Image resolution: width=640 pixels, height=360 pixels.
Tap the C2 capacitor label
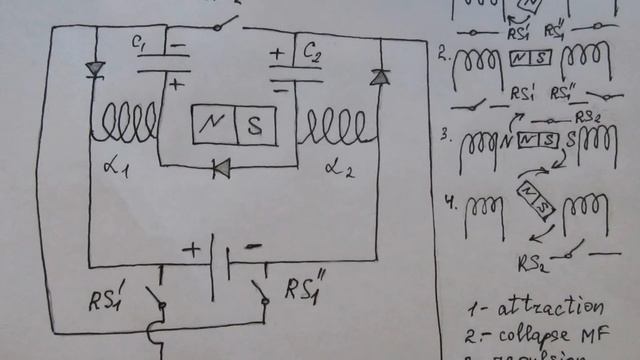click(312, 48)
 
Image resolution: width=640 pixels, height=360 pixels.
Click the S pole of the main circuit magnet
click(255, 125)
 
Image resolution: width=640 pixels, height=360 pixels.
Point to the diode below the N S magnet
click(221, 170)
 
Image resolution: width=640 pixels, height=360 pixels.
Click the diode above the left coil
click(96, 69)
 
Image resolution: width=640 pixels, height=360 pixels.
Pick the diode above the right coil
click(379, 76)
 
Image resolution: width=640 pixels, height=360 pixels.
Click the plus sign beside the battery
click(191, 250)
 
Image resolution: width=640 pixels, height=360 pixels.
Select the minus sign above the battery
click(254, 245)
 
